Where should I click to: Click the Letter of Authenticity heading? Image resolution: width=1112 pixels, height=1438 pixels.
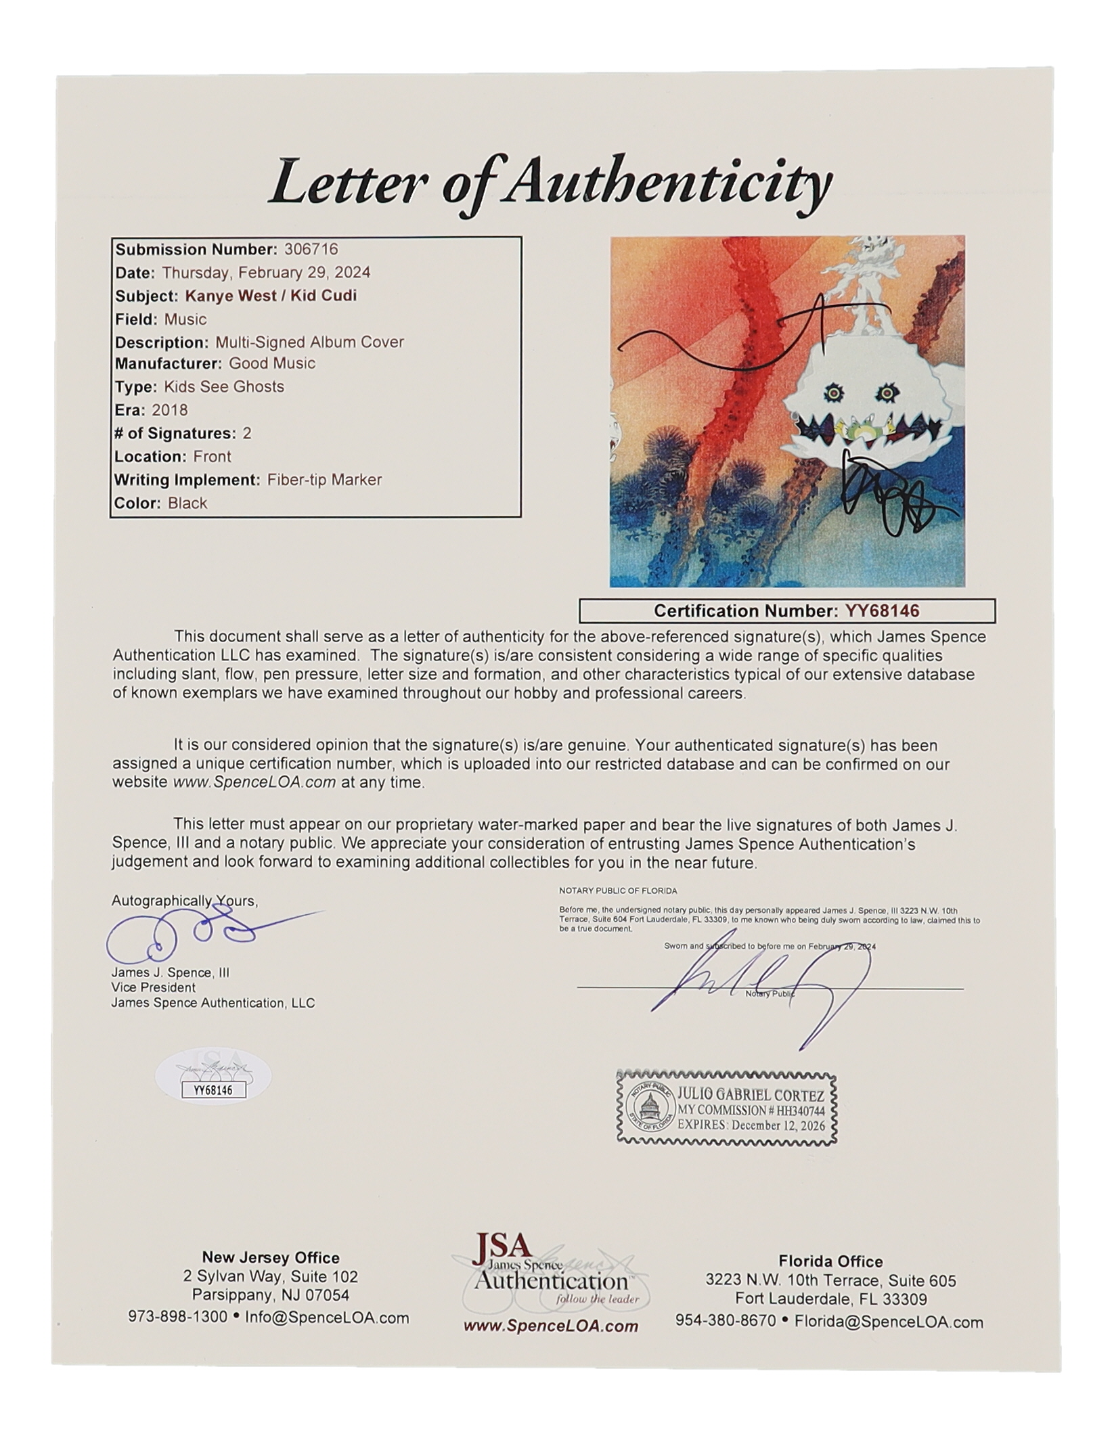(x=550, y=183)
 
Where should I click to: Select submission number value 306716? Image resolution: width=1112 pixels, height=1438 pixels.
(x=311, y=249)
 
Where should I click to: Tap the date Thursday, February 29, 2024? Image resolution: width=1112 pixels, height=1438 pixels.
(x=266, y=272)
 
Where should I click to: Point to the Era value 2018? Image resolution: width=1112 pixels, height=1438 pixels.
(x=170, y=409)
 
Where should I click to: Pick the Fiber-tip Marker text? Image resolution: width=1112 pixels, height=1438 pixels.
(x=324, y=480)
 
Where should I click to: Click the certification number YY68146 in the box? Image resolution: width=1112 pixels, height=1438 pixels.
(x=882, y=610)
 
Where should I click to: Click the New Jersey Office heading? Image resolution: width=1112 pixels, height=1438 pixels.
(x=271, y=1257)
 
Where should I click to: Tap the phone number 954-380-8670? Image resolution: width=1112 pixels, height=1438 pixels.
(x=726, y=1321)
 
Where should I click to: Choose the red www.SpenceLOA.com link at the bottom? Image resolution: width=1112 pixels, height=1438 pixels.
(x=550, y=1326)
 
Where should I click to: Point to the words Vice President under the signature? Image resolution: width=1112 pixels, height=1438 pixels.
(x=154, y=987)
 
